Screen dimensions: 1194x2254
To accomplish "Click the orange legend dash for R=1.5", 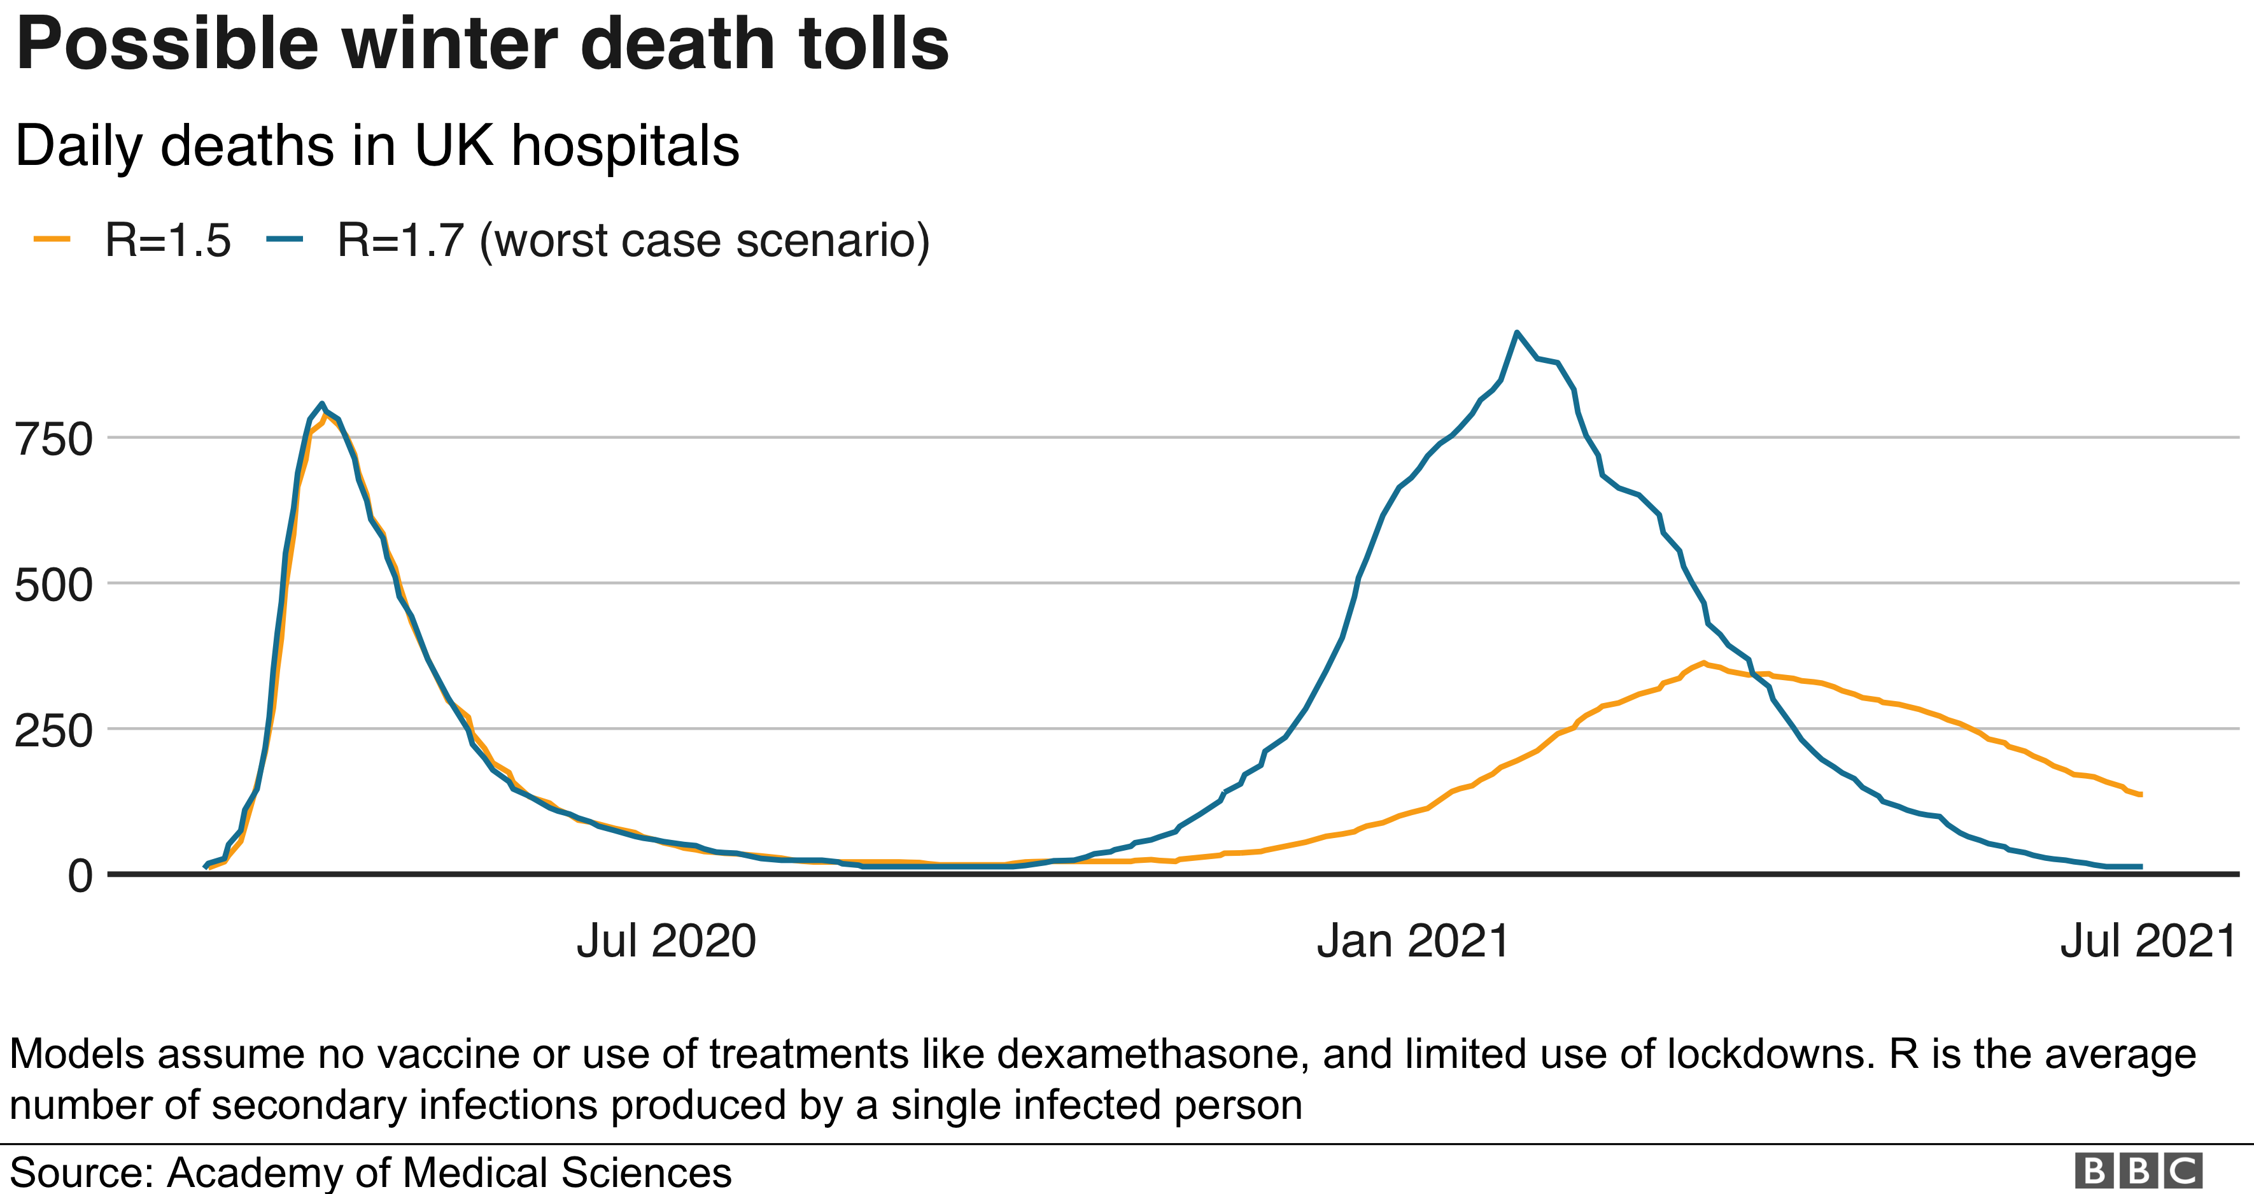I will coord(52,239).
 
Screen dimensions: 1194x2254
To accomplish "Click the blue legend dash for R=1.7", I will coord(285,239).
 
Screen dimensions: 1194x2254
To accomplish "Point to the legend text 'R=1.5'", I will coord(167,241).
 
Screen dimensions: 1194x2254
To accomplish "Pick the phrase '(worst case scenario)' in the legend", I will coord(705,241).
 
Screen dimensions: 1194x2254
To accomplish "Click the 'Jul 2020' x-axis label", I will coord(666,942).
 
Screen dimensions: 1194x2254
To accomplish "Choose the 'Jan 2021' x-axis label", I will coord(1413,942).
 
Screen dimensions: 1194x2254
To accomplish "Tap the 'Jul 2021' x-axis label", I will coord(2148,942).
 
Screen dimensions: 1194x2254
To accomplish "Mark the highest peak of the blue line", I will coord(1516,332).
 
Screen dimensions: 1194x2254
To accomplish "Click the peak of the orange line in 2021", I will coord(1703,663).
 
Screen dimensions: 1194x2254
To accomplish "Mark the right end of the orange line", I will coord(2140,794).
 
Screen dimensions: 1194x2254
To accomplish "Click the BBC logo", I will coord(2138,1171).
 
